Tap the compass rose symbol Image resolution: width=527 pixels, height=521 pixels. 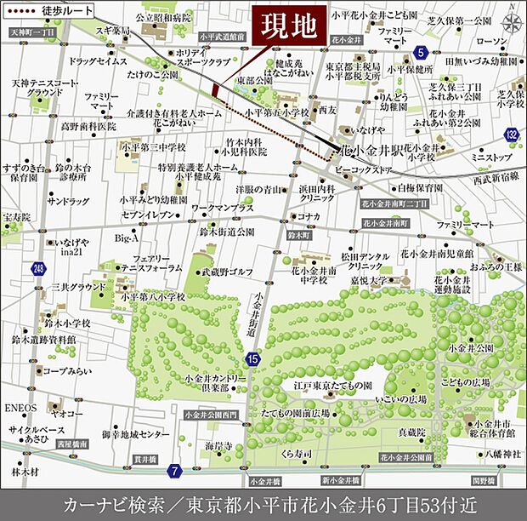(x=513, y=21)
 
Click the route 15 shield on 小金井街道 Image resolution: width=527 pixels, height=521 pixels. (x=252, y=360)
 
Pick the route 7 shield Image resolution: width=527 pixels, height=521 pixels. (x=174, y=470)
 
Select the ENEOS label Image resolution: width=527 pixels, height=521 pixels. (x=18, y=408)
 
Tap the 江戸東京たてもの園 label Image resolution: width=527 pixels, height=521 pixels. (x=328, y=386)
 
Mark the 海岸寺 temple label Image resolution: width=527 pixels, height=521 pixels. (x=218, y=446)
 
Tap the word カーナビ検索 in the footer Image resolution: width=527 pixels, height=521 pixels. (x=109, y=501)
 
